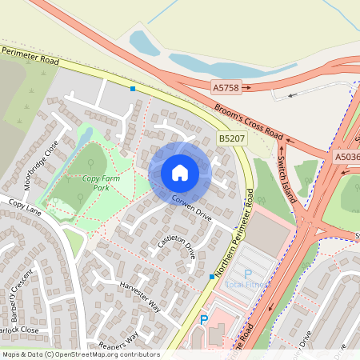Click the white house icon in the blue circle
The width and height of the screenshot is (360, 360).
180,172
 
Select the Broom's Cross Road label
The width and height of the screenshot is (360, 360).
249,121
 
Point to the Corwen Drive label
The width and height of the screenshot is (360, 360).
190,208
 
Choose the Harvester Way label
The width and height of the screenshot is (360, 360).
141,297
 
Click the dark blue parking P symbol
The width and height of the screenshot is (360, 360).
203,319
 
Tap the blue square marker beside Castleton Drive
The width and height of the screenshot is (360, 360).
211,276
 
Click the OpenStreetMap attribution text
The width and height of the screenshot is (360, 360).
80,354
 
